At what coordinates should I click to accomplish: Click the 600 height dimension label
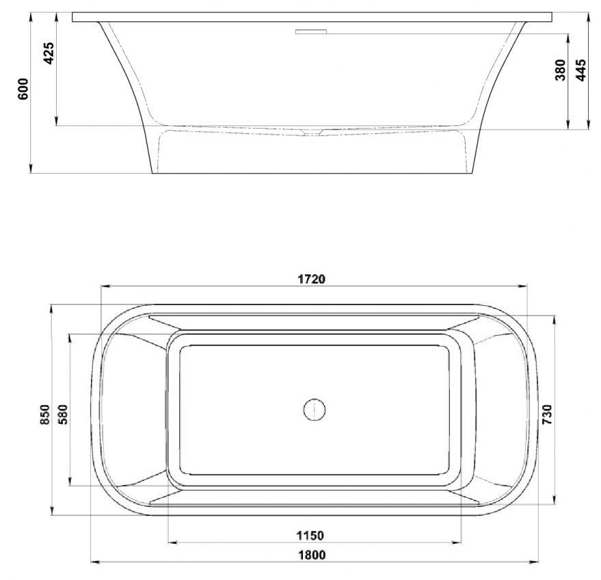click(23, 90)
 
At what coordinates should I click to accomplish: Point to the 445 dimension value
click(580, 70)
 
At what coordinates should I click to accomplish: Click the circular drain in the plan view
click(314, 410)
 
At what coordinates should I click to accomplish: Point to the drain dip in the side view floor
click(312, 131)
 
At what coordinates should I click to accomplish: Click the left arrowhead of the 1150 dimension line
click(172, 544)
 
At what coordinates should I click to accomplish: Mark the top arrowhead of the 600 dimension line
click(31, 15)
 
